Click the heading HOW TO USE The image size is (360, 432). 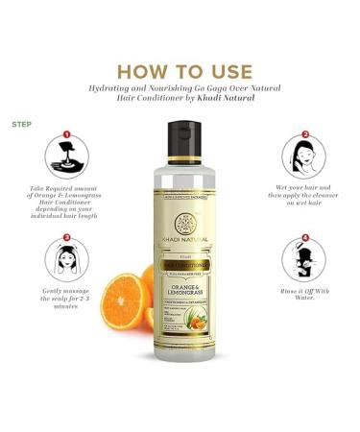pos(180,71)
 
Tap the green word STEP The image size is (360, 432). pos(21,125)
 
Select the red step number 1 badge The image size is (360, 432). pos(66,135)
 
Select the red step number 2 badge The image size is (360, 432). pos(305,135)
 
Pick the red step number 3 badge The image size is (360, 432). pos(66,237)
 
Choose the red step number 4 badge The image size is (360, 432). pos(305,237)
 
